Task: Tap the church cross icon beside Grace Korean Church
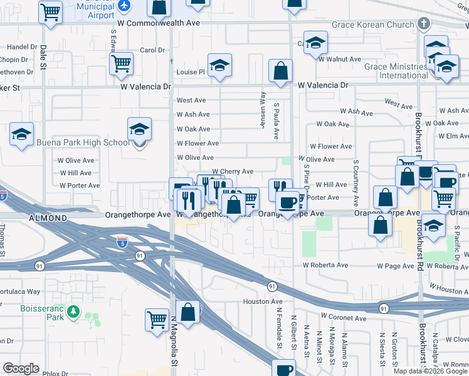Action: [424, 24]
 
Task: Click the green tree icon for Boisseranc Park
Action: [73, 311]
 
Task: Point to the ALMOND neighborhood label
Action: [48, 218]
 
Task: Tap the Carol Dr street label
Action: [152, 50]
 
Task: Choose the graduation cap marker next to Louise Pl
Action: [219, 66]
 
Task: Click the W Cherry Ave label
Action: [233, 171]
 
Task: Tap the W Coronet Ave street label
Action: [343, 318]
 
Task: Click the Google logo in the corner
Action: [21, 368]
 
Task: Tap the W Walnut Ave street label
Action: [339, 59]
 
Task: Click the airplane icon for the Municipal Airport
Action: [124, 5]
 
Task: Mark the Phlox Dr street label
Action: [55, 373]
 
